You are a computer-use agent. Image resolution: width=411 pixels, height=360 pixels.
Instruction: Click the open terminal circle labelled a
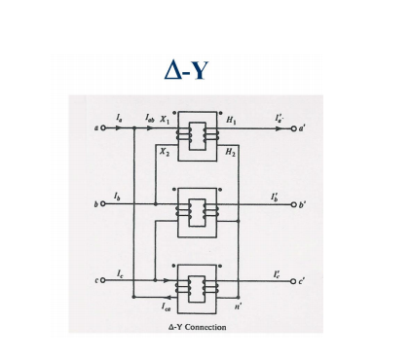click(x=101, y=127)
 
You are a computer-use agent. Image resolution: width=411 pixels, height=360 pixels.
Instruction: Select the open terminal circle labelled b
click(x=101, y=203)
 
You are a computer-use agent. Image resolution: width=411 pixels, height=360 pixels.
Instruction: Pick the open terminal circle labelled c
click(x=101, y=280)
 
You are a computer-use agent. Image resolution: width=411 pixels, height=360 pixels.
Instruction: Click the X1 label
click(x=166, y=117)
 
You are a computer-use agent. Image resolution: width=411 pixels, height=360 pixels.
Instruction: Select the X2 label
click(x=166, y=153)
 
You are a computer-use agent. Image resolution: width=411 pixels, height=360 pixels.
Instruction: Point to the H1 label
click(x=230, y=117)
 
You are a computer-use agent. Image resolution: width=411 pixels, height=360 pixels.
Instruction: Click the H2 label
click(x=230, y=153)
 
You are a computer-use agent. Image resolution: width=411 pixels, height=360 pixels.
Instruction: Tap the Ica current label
click(x=172, y=305)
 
